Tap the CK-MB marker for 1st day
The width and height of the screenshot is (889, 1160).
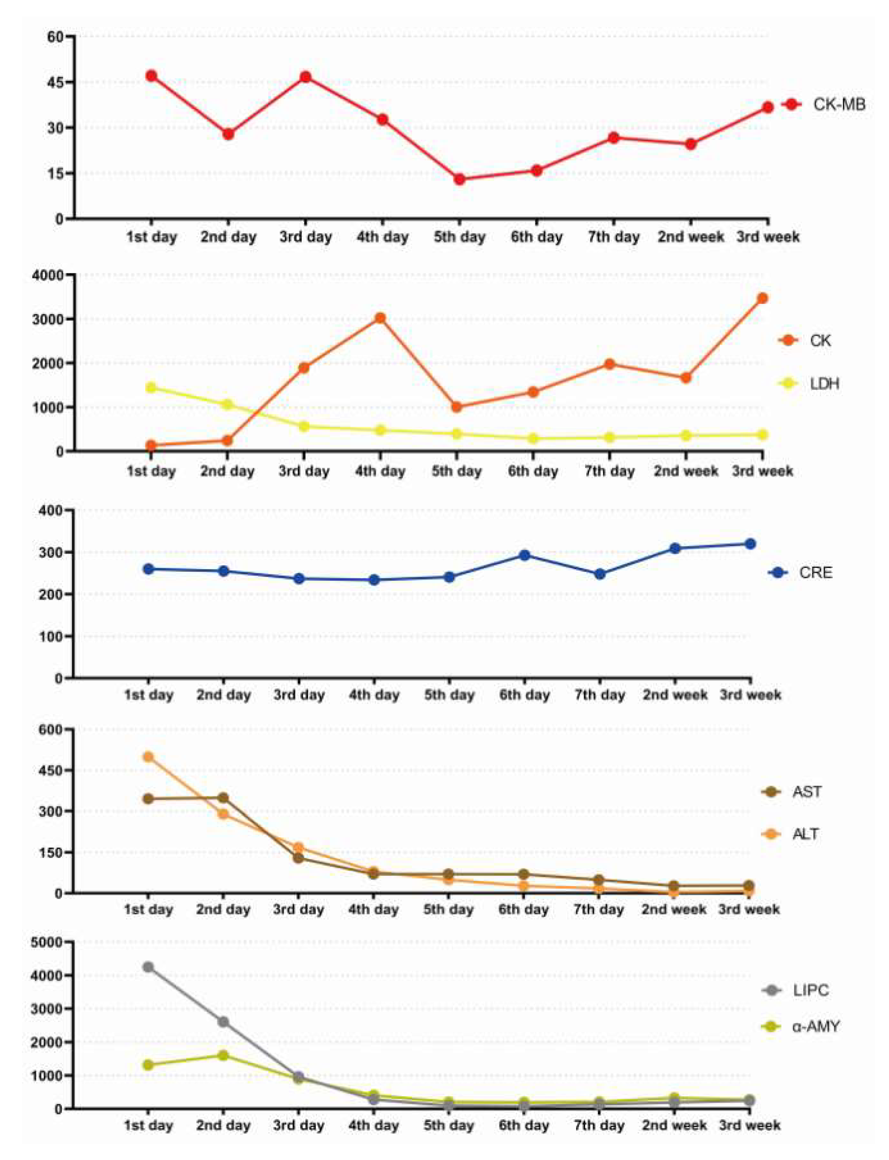(151, 76)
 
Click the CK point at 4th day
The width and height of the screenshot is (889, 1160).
(380, 318)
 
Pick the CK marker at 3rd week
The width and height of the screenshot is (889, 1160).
(763, 298)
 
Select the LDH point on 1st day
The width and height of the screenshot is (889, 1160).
(151, 388)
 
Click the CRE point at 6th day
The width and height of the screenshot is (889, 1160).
(524, 555)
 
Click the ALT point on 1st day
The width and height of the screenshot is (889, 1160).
(149, 757)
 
